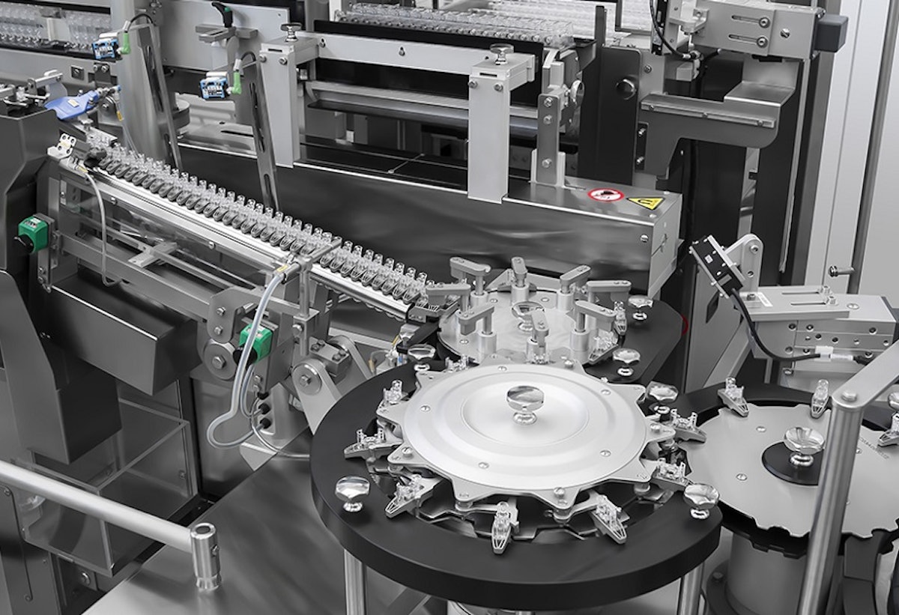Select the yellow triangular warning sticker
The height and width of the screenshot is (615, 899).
[646, 202]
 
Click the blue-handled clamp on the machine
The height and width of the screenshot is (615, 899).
[72, 103]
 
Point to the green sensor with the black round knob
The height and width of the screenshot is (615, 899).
[30, 232]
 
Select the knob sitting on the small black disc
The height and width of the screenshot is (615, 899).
[803, 443]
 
